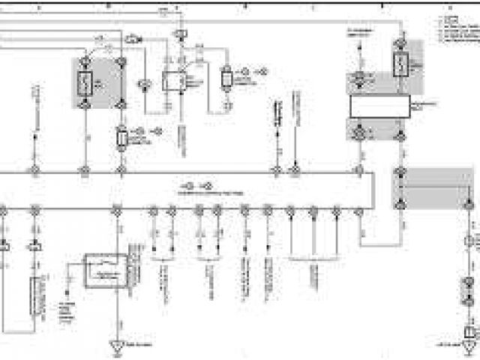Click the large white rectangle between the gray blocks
click(380, 106)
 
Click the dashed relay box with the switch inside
click(106, 270)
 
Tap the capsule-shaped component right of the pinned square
click(225, 78)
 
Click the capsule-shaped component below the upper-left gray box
click(121, 137)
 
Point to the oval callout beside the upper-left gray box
click(134, 37)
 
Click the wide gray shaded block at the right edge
click(423, 188)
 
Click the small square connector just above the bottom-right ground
click(469, 331)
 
